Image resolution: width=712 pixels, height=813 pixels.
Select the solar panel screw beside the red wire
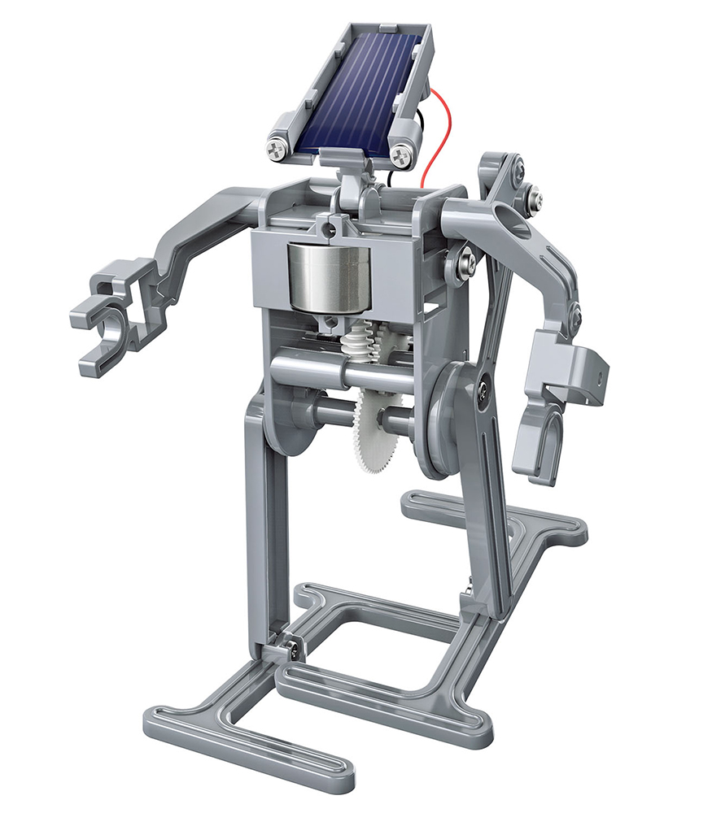pyautogui.click(x=400, y=154)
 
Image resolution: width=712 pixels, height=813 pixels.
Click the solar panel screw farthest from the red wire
pyautogui.click(x=299, y=149)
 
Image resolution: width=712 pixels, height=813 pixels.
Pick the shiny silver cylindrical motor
pyautogui.click(x=325, y=277)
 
